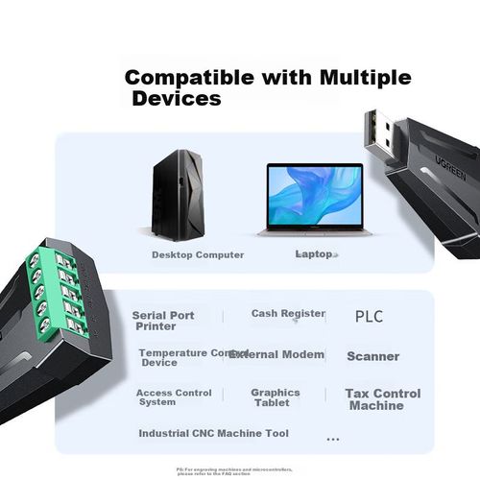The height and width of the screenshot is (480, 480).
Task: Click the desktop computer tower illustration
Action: (178, 194)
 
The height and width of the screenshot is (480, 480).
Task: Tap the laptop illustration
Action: (313, 200)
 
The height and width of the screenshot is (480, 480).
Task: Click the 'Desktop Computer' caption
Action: (198, 255)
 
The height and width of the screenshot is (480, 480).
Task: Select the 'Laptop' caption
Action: (314, 254)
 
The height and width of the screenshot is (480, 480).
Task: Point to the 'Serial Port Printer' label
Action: (163, 321)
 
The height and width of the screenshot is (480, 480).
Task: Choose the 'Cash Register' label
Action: (288, 314)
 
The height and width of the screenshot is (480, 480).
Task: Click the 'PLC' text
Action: (369, 316)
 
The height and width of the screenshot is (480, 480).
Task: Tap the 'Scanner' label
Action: (372, 356)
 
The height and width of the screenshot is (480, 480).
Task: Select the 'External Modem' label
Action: (279, 354)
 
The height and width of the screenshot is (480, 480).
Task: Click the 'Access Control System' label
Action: (174, 397)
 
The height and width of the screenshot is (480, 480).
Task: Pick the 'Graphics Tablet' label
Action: (276, 397)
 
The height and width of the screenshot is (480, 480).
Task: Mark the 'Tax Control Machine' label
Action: (382, 399)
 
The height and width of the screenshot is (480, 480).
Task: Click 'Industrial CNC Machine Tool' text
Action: (213, 434)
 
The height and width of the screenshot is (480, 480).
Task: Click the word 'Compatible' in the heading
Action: (188, 78)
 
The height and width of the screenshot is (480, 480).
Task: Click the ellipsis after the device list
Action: (333, 439)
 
